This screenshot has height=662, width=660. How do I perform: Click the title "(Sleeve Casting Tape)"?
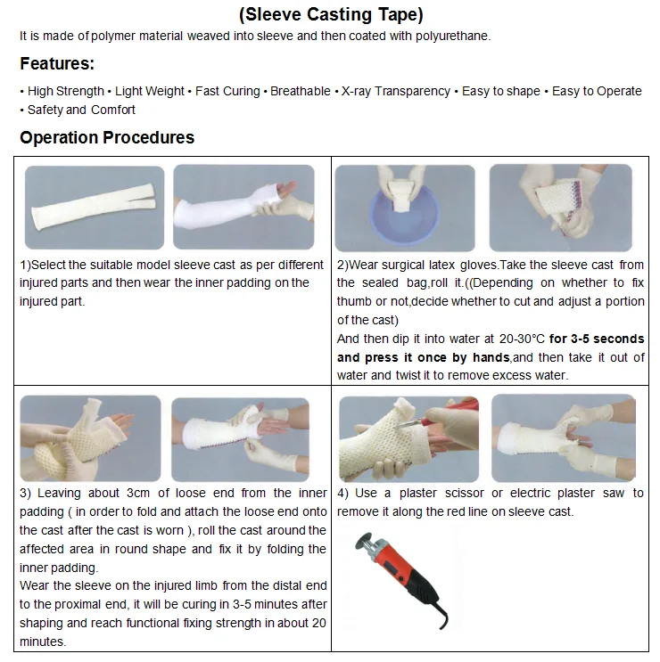click(x=331, y=14)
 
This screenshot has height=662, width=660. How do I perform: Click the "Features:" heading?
click(x=57, y=63)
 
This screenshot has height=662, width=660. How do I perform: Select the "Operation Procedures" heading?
click(x=107, y=137)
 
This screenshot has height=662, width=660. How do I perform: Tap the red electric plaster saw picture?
click(x=402, y=569)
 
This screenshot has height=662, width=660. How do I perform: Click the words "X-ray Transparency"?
click(x=396, y=91)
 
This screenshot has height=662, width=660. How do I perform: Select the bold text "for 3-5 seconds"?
click(x=597, y=339)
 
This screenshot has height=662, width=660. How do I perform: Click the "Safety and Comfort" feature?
click(x=81, y=110)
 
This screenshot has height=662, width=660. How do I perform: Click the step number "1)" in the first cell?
click(x=25, y=265)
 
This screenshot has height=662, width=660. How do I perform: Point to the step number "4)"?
click(x=344, y=493)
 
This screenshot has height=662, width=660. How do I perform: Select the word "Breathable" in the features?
click(x=300, y=91)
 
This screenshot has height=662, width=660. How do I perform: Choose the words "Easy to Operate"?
click(x=597, y=91)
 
